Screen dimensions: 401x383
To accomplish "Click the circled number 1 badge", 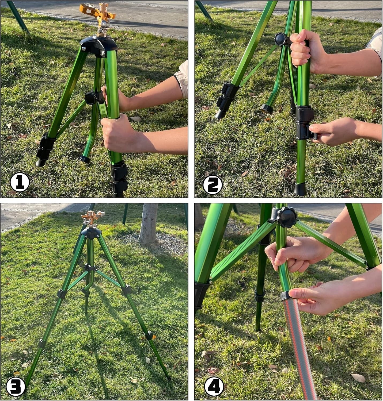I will (20, 182).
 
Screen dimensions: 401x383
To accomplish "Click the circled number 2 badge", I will (213, 184).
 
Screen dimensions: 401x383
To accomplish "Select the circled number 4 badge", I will (214, 386).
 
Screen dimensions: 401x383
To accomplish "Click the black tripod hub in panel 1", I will (99, 45).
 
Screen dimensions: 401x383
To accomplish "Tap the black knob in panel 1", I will (91, 98).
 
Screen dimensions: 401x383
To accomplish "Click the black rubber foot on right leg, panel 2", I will (300, 189).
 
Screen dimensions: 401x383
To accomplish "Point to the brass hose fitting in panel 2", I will (267, 109).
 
